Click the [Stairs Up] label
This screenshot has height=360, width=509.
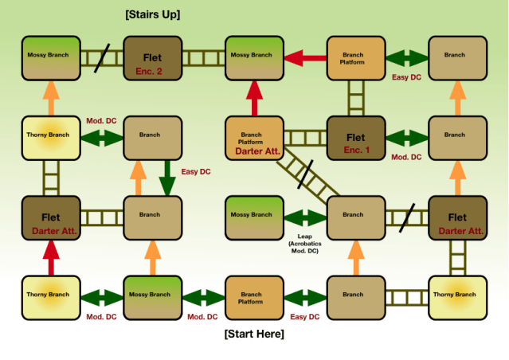coord(153,14)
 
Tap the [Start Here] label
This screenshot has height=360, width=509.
coord(254,334)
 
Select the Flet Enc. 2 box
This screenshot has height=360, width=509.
coord(152,57)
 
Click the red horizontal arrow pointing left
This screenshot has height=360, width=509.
coord(304,57)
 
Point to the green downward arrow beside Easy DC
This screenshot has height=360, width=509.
coord(166,177)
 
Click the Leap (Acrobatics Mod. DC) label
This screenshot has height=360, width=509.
coord(303,244)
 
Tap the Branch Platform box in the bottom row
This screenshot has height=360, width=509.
coord(254,297)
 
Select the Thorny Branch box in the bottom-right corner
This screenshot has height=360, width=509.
coord(457,297)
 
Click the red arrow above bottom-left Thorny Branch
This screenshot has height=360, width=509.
coord(51,256)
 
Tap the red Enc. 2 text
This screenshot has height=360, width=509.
coord(149,71)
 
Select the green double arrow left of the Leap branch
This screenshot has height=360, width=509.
coord(304,217)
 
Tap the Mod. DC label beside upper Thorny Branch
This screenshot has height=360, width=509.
coord(101,120)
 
